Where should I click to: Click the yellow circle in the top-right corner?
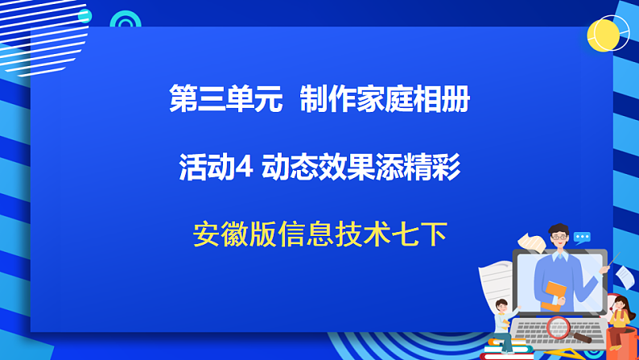(x=607, y=35)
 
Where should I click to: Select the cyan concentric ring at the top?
(x=126, y=23)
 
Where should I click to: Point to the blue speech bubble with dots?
(x=582, y=238)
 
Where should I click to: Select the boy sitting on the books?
(x=502, y=322)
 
